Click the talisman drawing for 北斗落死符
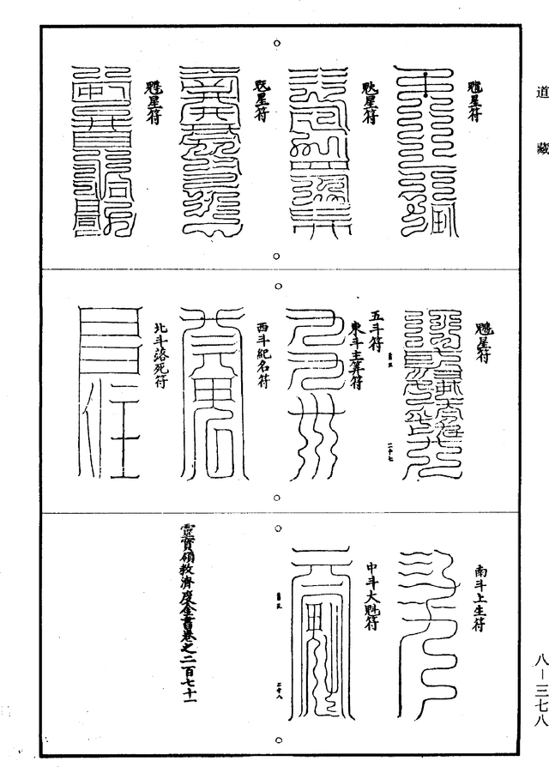(107, 391)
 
